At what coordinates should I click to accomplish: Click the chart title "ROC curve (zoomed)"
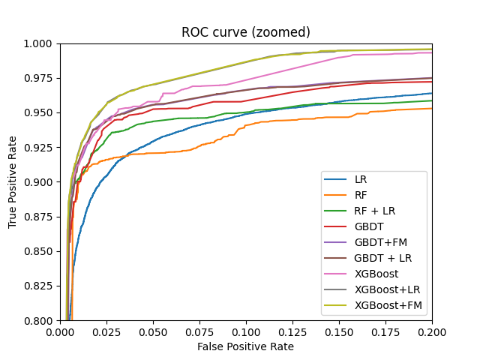click(246, 32)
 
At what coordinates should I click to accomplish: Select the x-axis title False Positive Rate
click(246, 346)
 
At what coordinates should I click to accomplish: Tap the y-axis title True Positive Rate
click(13, 182)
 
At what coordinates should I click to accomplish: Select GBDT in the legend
click(366, 227)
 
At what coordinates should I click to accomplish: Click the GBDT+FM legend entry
click(375, 243)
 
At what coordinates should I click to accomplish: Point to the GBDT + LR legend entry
click(377, 258)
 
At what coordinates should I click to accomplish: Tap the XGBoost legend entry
click(372, 274)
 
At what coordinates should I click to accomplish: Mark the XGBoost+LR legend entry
click(382, 289)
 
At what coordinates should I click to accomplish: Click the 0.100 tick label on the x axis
click(246, 331)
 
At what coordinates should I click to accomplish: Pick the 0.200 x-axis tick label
click(432, 331)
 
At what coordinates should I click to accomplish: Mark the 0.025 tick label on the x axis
click(106, 331)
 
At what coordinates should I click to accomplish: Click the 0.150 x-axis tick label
click(339, 331)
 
